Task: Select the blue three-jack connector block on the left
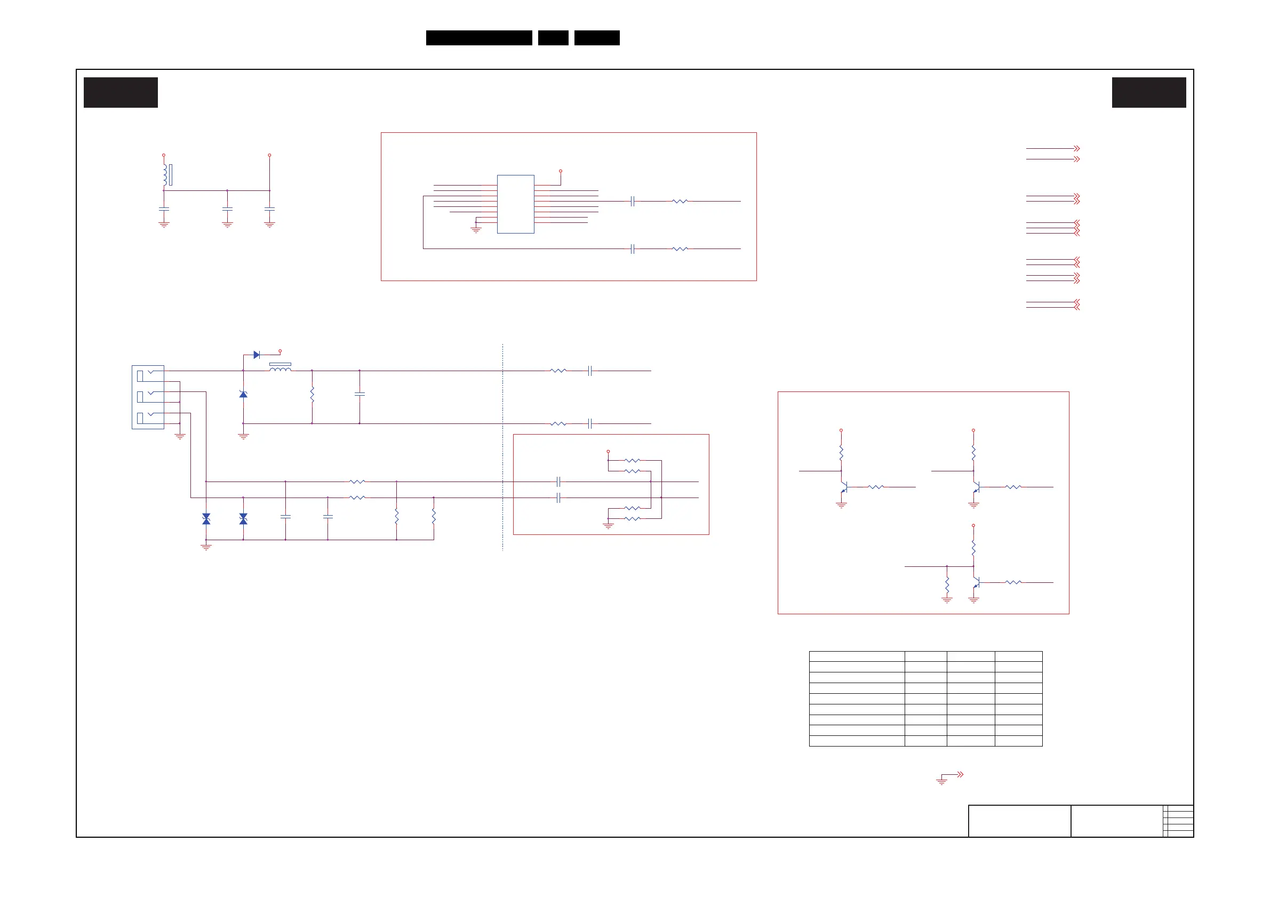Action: click(x=148, y=397)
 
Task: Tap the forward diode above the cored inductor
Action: click(x=257, y=355)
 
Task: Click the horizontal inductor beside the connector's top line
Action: click(x=280, y=368)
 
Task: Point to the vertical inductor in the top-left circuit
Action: click(x=165, y=175)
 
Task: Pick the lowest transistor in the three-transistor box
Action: click(x=976, y=583)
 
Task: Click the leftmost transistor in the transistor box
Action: click(x=843, y=487)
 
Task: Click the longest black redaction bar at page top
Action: click(x=479, y=38)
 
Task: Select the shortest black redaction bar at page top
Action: click(x=553, y=38)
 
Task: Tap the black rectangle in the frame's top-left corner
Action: click(x=121, y=92)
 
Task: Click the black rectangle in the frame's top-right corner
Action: click(x=1149, y=92)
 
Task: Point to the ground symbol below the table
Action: click(x=941, y=780)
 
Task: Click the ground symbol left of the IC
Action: click(x=476, y=228)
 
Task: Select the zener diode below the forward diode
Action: click(x=243, y=394)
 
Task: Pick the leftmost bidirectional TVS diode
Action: click(x=206, y=519)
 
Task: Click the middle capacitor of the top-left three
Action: click(x=227, y=209)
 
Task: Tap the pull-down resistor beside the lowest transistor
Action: click(x=947, y=584)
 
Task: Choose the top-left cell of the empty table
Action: click(x=856, y=656)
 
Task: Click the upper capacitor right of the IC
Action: click(x=632, y=201)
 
